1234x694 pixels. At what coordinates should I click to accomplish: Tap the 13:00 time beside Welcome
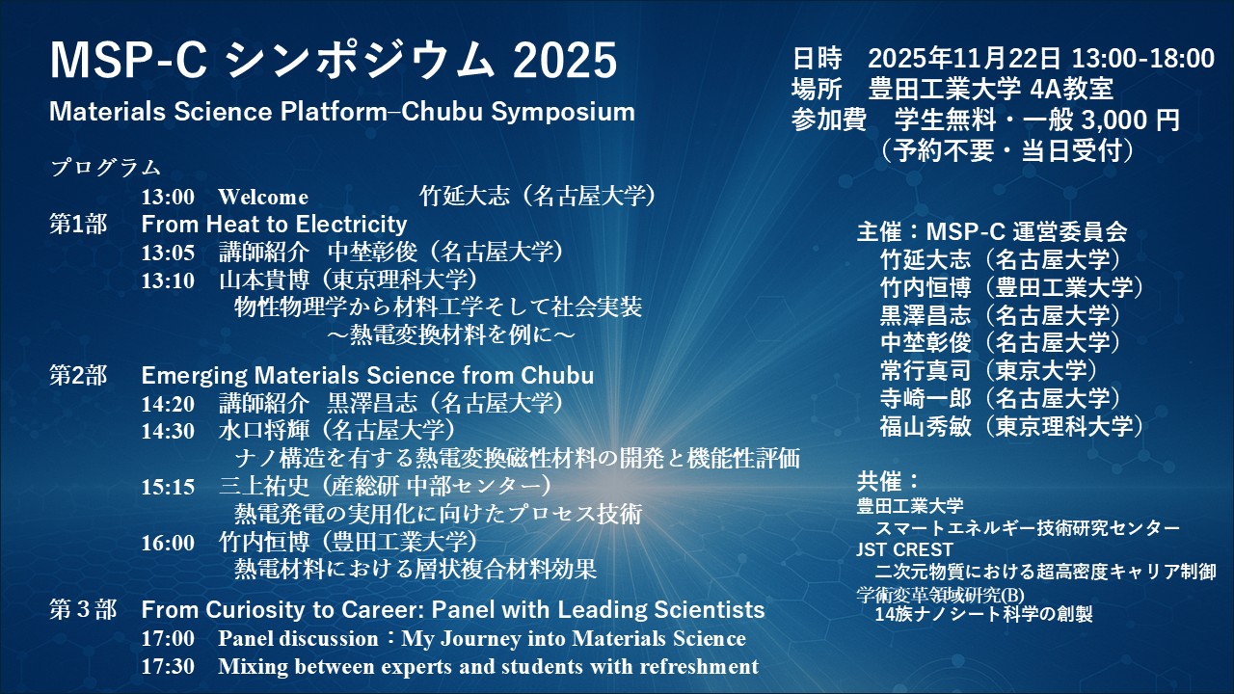point(168,197)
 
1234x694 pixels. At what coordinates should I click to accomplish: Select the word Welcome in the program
point(263,197)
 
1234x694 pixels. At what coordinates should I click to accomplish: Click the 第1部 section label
point(78,225)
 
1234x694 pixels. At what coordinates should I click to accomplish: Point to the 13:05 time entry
point(168,253)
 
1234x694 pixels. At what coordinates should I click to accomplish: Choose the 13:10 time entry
point(168,280)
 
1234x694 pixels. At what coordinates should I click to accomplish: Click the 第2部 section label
point(78,376)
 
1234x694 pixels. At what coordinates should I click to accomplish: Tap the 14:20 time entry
point(168,404)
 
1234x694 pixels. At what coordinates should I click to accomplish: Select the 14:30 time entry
point(168,431)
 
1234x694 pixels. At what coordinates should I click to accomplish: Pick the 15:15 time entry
point(168,487)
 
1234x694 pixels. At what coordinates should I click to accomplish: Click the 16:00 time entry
point(168,543)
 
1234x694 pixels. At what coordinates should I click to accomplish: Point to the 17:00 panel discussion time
point(168,639)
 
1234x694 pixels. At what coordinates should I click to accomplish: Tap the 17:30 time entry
point(168,666)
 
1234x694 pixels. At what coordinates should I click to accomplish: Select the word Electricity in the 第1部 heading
point(352,225)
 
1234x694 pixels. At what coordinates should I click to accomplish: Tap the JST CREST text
point(904,549)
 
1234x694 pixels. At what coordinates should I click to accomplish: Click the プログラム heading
point(106,168)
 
